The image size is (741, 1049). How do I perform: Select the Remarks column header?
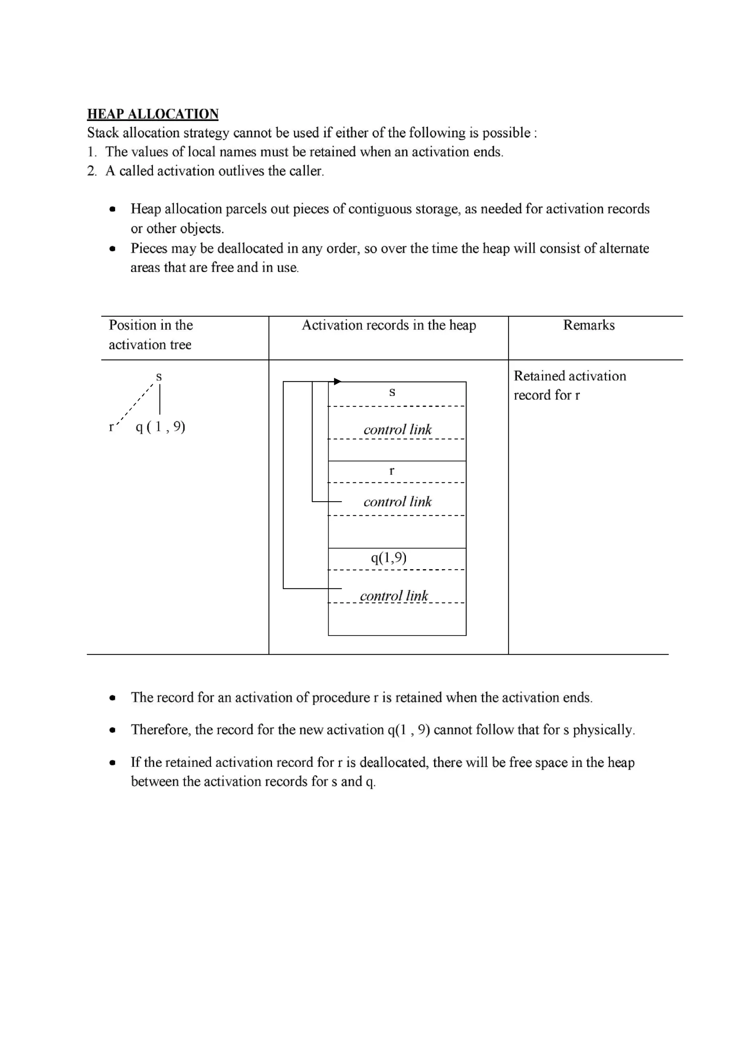click(x=589, y=325)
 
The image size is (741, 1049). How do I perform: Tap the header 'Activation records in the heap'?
click(x=389, y=325)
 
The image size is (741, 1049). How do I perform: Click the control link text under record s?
click(x=397, y=429)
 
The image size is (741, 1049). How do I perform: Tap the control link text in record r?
click(x=397, y=502)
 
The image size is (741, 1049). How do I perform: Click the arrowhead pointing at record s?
click(x=338, y=382)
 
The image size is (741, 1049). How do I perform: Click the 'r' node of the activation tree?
click(x=111, y=427)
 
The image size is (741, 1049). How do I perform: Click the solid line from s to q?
click(x=160, y=399)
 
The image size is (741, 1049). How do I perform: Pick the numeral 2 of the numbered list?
click(x=91, y=171)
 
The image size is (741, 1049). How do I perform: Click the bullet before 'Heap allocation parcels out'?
click(x=112, y=210)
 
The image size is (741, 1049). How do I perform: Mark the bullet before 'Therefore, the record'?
click(x=112, y=730)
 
